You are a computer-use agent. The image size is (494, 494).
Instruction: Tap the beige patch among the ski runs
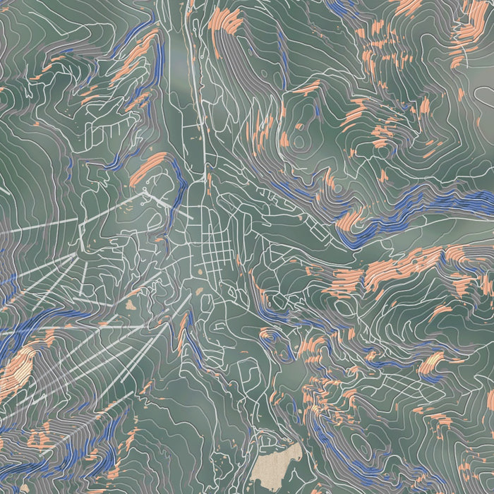point(131,305)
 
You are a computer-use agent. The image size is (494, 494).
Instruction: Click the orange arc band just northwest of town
point(148,167)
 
